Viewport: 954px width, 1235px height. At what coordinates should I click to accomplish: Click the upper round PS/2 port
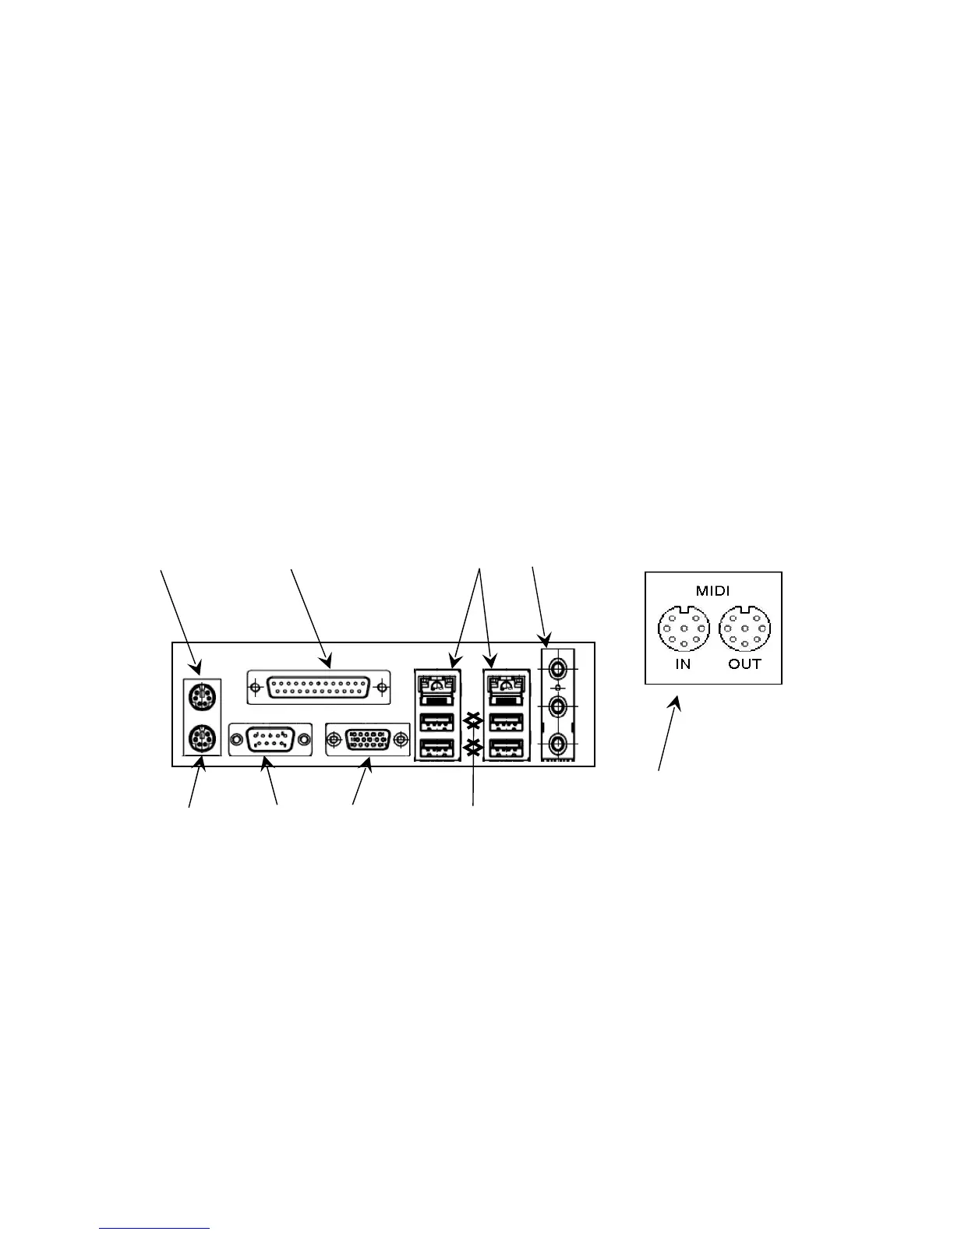pos(202,693)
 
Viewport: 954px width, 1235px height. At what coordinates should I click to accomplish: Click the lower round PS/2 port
pos(202,737)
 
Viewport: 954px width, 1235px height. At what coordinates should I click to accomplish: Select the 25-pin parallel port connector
pos(317,688)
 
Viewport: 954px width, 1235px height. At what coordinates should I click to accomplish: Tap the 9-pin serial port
pos(270,738)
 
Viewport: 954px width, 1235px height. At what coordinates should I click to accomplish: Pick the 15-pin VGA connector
pos(367,738)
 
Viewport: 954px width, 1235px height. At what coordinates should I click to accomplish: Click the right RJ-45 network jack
pos(504,684)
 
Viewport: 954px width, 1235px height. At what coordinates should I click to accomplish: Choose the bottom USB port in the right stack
pos(504,749)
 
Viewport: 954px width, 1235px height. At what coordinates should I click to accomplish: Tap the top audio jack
pos(558,668)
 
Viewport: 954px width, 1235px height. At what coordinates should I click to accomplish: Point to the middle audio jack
pos(558,706)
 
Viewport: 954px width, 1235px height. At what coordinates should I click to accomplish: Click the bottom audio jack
pos(558,742)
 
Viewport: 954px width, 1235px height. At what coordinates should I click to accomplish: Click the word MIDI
pos(712,591)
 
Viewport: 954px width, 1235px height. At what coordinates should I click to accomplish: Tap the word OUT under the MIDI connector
pos(744,665)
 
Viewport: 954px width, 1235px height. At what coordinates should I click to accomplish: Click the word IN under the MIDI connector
pos(683,665)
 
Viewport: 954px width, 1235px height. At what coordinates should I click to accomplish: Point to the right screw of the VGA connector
pos(401,738)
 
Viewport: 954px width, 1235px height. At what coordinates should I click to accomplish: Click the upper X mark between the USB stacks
pos(472,717)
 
